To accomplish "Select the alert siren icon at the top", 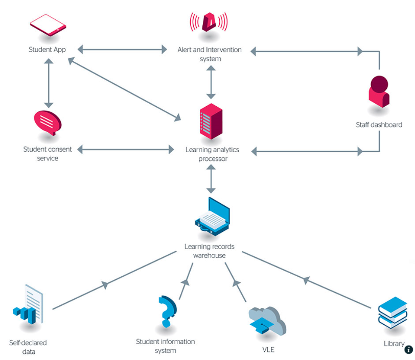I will coord(209,22).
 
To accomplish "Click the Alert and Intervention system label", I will coord(210,54).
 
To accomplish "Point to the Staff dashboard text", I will coord(379,125).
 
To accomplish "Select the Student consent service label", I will coord(48,154).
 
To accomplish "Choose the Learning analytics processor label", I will coord(212,154).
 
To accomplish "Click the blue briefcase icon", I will coord(212,217).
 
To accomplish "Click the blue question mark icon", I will coord(166,310).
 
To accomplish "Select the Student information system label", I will coord(165,346).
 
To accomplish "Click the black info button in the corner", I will coord(408,350).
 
